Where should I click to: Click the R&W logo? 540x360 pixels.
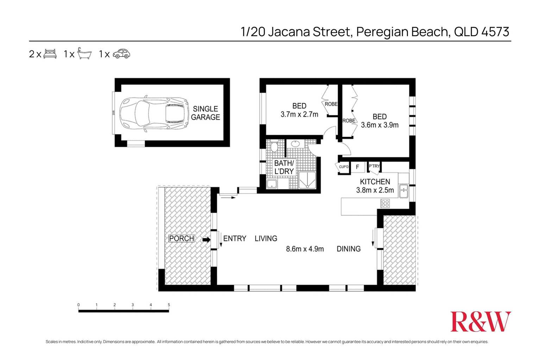[x=480, y=322]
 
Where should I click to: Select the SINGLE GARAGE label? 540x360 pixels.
[x=206, y=113]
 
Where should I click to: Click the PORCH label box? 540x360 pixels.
[x=182, y=239]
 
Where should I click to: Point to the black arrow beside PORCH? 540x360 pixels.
[x=206, y=240]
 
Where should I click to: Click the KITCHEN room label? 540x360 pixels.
[x=375, y=182]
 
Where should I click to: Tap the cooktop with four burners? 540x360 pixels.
[x=385, y=203]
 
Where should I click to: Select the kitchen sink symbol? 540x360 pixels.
[x=403, y=191]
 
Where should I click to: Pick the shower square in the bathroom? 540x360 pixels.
[x=307, y=180]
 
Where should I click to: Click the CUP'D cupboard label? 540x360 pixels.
[x=344, y=167]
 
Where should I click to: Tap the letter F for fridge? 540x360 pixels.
[x=357, y=167]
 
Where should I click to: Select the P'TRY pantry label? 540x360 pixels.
[x=374, y=166]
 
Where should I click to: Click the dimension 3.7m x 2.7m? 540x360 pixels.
[x=299, y=114]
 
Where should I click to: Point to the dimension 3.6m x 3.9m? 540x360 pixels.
[x=379, y=125]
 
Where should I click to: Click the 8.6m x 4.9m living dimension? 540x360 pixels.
[x=305, y=249]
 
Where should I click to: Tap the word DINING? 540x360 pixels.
[x=349, y=249]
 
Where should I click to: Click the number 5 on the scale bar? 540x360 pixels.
[x=169, y=305]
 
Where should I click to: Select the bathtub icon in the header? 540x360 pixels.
[x=84, y=53]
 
